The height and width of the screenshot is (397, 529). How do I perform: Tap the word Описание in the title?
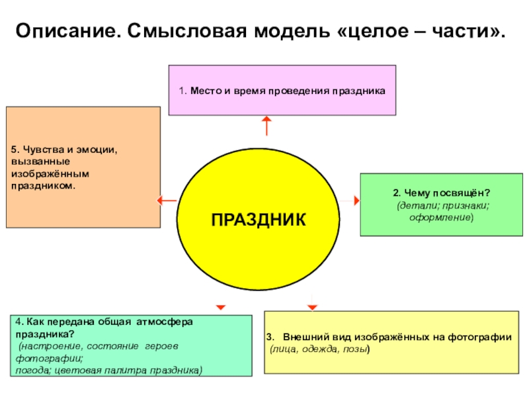pyautogui.click(x=63, y=31)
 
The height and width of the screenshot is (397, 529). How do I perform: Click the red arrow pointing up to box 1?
pyautogui.click(x=266, y=126)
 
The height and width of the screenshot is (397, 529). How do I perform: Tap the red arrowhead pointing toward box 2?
pyautogui.click(x=356, y=199)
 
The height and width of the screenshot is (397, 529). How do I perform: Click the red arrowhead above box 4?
pyautogui.click(x=221, y=306)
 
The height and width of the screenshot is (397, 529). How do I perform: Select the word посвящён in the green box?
pyautogui.click(x=456, y=193)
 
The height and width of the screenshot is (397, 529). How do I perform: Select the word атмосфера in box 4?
pyautogui.click(x=164, y=322)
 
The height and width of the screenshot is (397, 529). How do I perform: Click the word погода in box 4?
pyautogui.click(x=33, y=370)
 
